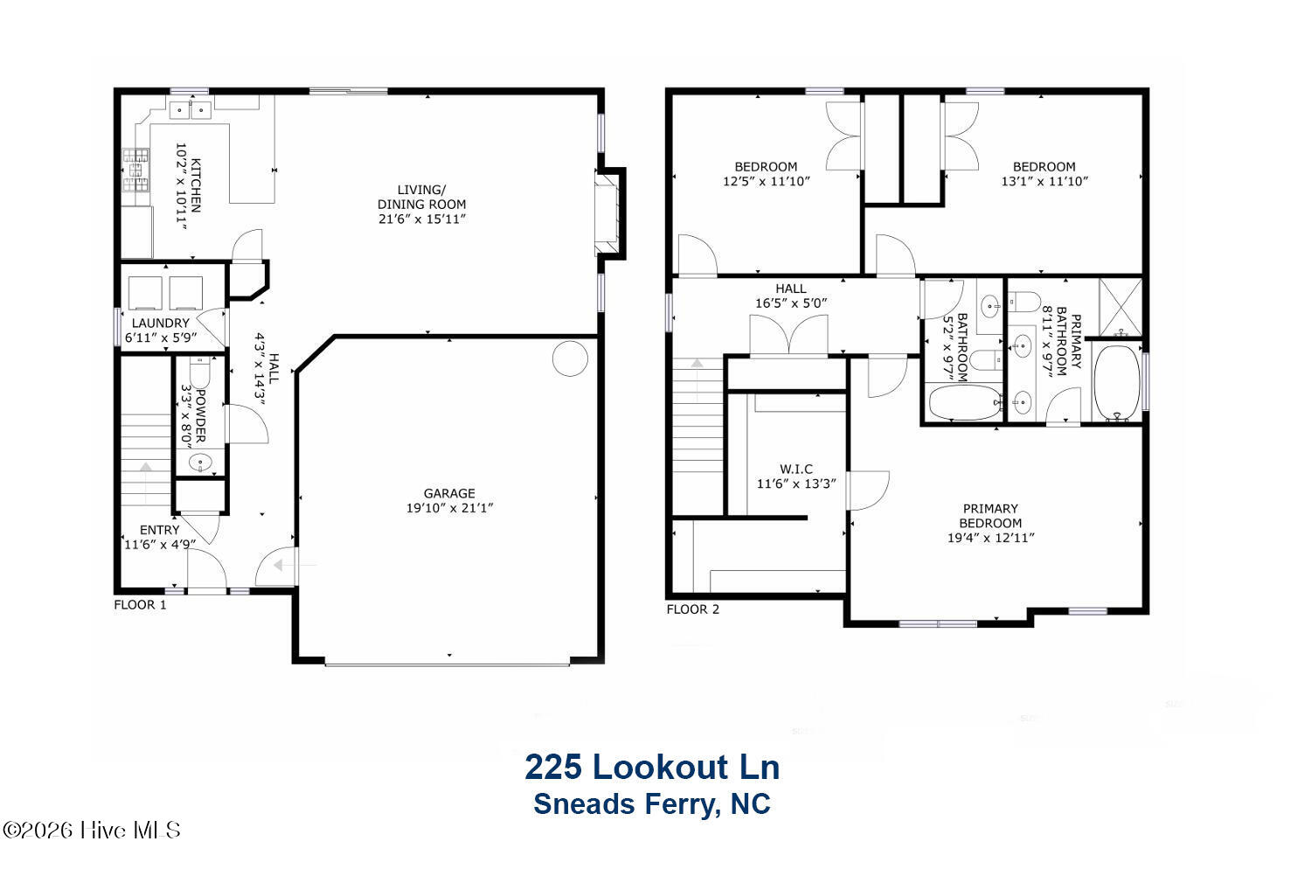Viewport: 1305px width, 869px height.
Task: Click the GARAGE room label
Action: click(449, 493)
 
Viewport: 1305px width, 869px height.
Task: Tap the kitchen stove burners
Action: click(135, 170)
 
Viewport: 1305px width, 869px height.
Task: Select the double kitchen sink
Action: click(190, 109)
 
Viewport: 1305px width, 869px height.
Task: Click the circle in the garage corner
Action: click(570, 358)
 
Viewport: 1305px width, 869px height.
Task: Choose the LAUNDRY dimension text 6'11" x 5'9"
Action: click(161, 337)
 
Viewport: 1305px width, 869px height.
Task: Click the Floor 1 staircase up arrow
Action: click(145, 468)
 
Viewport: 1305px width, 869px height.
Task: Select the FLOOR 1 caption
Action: click(140, 605)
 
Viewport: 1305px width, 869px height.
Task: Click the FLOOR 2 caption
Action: click(692, 609)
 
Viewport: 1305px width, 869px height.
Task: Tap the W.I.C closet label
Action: click(795, 469)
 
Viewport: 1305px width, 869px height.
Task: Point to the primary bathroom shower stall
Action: click(1121, 307)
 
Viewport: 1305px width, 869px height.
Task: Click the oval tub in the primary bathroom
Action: click(1117, 383)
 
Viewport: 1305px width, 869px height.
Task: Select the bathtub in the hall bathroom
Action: click(965, 401)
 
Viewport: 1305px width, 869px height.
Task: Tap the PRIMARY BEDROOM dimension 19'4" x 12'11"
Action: click(990, 538)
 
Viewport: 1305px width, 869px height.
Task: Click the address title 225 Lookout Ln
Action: click(652, 767)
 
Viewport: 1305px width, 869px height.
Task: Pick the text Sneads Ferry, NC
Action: click(652, 804)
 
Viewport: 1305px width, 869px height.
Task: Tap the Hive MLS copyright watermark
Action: click(92, 830)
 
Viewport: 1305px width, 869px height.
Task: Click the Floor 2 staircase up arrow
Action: click(697, 363)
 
